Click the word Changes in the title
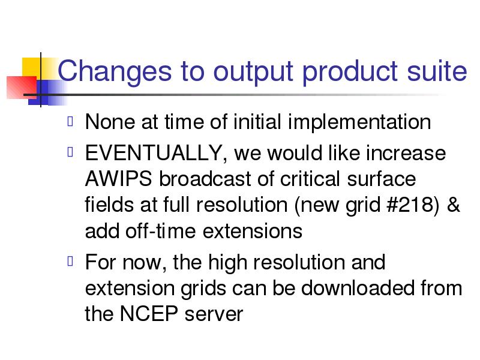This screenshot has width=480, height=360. point(115,73)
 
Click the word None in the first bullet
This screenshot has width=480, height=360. point(110,122)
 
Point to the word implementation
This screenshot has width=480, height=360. point(359,122)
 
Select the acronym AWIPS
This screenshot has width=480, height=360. point(118,178)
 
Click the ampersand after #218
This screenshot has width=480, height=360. point(454,204)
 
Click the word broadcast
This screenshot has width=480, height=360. point(205,178)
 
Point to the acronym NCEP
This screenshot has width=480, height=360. point(149,313)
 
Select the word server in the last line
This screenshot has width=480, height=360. point(214,314)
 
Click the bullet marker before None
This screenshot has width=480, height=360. point(70,121)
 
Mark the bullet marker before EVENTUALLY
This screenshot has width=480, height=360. point(70,152)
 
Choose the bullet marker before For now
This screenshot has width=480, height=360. point(70,261)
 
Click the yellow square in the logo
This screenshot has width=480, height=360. point(31,67)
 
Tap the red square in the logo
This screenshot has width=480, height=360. point(22,87)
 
